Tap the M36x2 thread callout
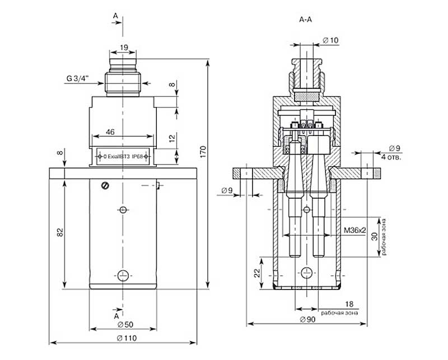coord(354,230)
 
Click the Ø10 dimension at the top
coord(331,40)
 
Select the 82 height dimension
coord(60,231)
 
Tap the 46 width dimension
coord(110,132)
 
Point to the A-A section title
coord(305,20)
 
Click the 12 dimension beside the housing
coord(172,138)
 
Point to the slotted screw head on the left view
coord(104,186)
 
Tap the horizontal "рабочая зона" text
coord(340,312)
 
